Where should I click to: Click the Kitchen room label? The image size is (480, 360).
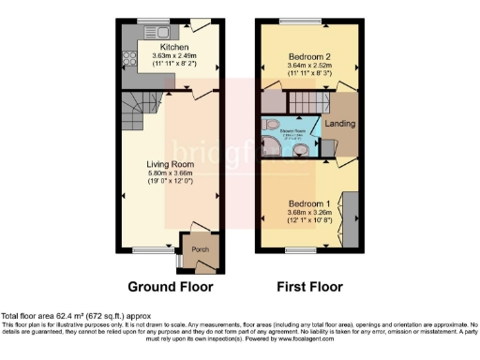coord(174,47)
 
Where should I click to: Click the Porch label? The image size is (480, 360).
coord(200,250)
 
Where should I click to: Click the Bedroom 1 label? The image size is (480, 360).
coord(307,203)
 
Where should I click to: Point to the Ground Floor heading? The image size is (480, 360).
coord(170,286)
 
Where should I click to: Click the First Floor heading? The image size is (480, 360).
coord(310,286)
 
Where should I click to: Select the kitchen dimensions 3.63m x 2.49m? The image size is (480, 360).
coord(174,56)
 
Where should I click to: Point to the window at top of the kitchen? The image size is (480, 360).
coord(150,21)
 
